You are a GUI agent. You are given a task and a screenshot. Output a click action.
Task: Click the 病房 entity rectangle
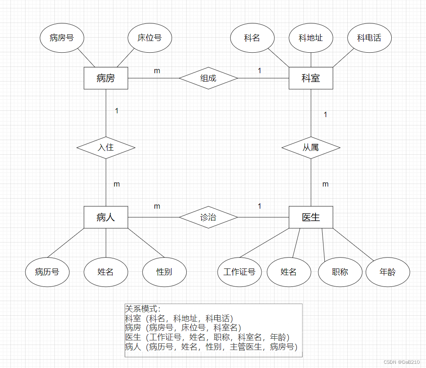coord(106,78)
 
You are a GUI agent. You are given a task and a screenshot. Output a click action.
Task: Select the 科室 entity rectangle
coord(311,78)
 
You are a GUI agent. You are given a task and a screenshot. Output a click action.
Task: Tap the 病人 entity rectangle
coord(106,217)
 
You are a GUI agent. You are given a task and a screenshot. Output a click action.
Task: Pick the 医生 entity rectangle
coord(311,217)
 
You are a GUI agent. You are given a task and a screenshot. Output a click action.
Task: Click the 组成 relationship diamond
coord(208,78)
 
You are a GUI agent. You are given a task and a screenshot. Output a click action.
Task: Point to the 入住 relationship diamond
coord(106,148)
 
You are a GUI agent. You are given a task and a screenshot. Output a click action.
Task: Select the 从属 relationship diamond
coord(311,148)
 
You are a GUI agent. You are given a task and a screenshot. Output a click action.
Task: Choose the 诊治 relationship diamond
coord(208,217)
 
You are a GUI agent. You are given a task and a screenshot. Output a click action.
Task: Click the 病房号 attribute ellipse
coord(62,38)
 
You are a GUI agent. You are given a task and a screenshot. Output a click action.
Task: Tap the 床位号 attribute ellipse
coord(149,38)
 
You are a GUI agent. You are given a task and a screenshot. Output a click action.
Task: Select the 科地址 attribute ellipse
coord(311,38)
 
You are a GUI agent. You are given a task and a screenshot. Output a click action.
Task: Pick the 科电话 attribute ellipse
coord(370,38)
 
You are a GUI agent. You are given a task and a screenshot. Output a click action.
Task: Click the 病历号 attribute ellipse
coord(47,272)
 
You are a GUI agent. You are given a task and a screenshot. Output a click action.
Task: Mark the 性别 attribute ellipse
coord(164,272)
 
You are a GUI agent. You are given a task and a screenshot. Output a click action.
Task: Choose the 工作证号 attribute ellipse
coord(239,272)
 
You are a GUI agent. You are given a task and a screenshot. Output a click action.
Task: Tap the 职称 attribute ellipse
coord(340,272)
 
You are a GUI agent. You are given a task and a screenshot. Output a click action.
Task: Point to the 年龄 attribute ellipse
coord(388,272)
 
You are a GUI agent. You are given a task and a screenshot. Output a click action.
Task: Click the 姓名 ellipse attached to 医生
coord(289,272)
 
